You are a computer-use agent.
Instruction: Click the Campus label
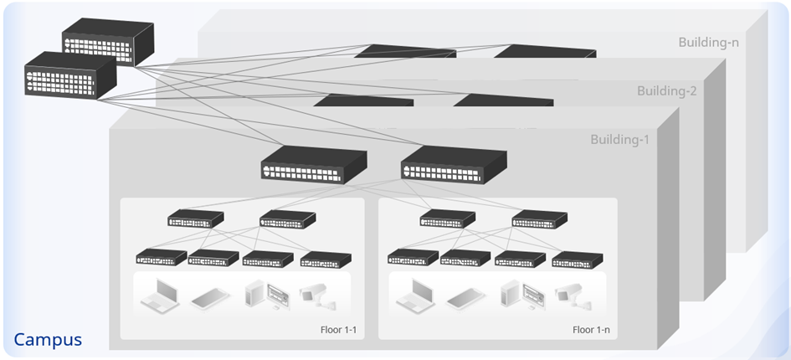[x=48, y=340]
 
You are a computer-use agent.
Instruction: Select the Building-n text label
[x=709, y=43]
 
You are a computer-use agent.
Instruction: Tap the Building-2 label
[x=666, y=90]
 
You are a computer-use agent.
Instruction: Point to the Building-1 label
[x=619, y=139]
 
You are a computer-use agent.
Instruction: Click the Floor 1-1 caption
[x=338, y=329]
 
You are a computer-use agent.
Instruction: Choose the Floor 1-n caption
[x=591, y=329]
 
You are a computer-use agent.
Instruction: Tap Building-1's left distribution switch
[x=313, y=164]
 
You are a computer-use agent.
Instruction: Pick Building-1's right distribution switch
[x=453, y=164]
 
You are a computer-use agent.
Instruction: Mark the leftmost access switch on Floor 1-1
[x=161, y=258]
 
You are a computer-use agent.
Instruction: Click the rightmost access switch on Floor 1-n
[x=572, y=259]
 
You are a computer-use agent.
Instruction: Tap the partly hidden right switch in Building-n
[x=544, y=51]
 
